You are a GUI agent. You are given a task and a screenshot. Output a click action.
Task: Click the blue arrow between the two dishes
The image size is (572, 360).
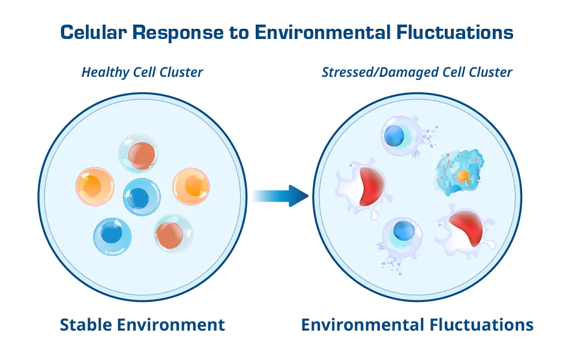pos(279,196)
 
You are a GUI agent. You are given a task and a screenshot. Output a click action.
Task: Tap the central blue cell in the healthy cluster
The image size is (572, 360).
pos(142,197)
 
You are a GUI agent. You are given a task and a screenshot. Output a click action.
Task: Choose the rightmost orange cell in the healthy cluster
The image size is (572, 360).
pos(191,186)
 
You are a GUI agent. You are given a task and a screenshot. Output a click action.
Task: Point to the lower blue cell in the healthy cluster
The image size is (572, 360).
pos(112,236)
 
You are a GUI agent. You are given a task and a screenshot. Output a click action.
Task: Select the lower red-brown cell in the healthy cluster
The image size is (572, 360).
pos(173,234)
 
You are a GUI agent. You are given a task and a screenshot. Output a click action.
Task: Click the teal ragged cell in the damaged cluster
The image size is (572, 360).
pos(459,172)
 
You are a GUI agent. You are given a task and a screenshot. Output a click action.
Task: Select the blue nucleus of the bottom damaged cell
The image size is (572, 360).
pos(404,230)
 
